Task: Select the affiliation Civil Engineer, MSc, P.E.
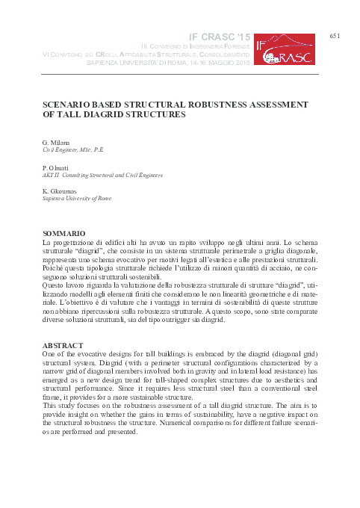pyautogui.click(x=73, y=149)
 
